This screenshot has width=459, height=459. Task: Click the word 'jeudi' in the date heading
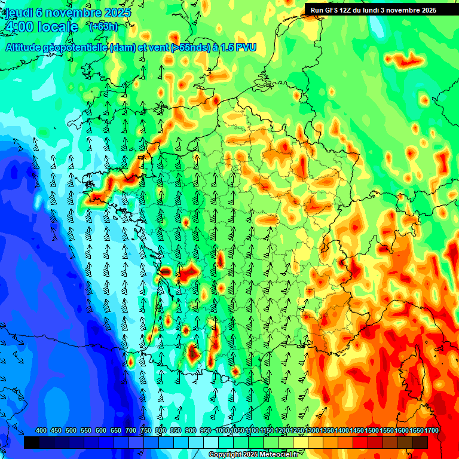(17, 13)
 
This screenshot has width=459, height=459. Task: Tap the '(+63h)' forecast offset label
(103, 26)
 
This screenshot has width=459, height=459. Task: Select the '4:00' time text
(18, 27)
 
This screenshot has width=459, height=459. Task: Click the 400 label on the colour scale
(41, 430)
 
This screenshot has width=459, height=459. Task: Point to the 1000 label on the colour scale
(222, 430)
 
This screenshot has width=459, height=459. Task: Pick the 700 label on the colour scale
(131, 430)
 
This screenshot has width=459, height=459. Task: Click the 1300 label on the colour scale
(312, 430)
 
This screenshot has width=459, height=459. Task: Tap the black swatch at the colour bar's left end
(32, 442)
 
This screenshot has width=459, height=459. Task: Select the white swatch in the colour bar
(211, 442)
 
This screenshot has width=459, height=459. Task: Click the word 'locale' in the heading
(58, 27)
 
